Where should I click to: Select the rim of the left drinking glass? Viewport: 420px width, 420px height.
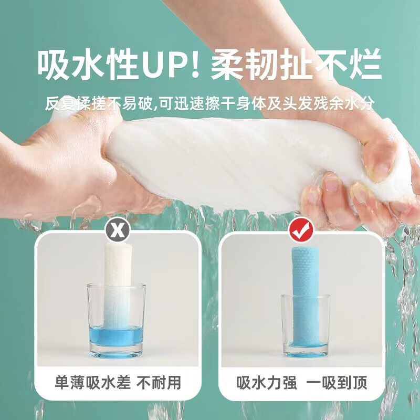click(x=116, y=285)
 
